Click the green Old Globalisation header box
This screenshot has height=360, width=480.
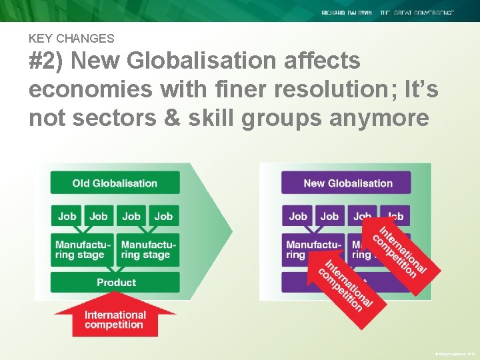click(115, 183)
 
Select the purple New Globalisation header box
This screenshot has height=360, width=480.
click(347, 183)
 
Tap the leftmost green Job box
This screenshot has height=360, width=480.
click(67, 216)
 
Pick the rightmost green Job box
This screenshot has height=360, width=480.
click(163, 216)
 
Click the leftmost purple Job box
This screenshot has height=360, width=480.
click(298, 216)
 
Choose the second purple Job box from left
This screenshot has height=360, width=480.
click(329, 216)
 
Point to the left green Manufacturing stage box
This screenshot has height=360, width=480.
click(82, 249)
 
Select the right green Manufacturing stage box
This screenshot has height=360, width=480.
click(147, 249)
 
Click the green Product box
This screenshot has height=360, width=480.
click(115, 282)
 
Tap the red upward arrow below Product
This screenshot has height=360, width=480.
click(115, 317)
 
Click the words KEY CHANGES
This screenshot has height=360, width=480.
click(71, 39)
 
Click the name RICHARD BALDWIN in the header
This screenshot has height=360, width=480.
click(347, 13)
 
